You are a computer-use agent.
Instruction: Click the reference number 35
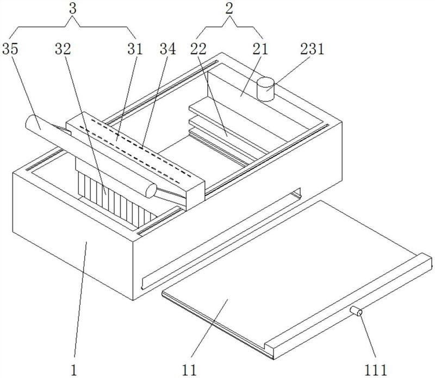pyautogui.click(x=13, y=49)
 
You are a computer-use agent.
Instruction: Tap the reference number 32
pyautogui.click(x=63, y=49)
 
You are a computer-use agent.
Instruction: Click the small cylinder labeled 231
pyautogui.click(x=265, y=89)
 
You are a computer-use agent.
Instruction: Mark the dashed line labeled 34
pyautogui.click(x=141, y=147)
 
